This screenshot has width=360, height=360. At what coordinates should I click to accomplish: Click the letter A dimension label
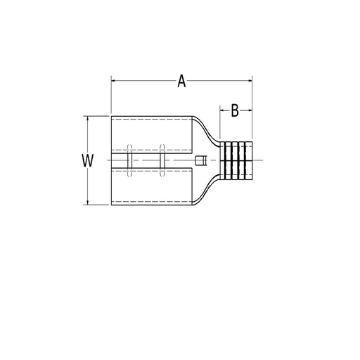point(181,82)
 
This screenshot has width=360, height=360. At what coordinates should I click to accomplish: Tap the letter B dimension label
point(236,110)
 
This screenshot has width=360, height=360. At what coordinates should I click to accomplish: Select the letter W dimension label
point(87,161)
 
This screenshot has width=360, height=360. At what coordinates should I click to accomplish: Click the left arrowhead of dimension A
point(114,82)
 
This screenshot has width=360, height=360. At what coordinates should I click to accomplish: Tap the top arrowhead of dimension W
point(87,118)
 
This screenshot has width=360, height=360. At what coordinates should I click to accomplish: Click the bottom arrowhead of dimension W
point(87,203)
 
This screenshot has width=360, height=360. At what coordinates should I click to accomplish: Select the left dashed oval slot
point(129,160)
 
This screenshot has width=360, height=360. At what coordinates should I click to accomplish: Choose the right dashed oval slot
point(162,160)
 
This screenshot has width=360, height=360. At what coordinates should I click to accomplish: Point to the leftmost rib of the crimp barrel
point(226,160)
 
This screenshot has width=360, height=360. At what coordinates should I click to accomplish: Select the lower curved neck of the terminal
point(210,191)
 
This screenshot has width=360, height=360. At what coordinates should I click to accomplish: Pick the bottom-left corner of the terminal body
point(112,205)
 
